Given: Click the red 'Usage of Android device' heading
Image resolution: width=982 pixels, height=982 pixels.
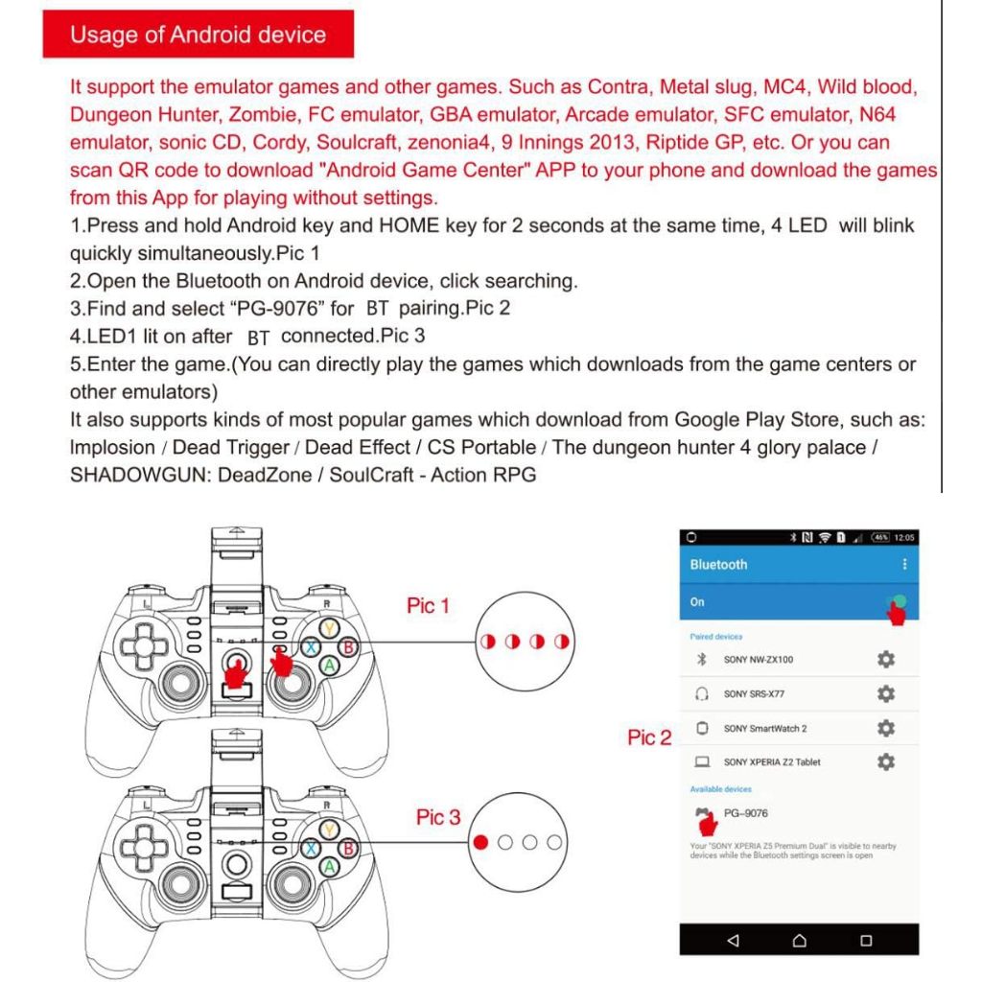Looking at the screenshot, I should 199,35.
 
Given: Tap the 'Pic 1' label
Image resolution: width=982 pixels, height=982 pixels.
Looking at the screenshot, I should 428,606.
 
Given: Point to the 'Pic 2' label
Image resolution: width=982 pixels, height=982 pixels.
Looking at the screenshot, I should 649,737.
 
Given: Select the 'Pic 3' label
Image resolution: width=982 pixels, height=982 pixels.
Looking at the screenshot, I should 437,817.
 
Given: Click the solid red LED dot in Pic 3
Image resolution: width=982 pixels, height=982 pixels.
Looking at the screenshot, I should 481,842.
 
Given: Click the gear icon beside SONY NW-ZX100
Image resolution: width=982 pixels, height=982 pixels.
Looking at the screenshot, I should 886,660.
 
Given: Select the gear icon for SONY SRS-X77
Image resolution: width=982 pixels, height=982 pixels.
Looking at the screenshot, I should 886,693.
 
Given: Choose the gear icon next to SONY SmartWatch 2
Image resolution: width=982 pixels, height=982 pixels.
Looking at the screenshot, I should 886,728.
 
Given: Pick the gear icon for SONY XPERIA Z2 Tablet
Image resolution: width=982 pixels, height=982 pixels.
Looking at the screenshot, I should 886,761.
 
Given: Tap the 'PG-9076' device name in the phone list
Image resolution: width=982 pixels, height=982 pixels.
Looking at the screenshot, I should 745,813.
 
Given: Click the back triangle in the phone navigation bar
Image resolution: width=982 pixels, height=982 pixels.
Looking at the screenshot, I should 734,940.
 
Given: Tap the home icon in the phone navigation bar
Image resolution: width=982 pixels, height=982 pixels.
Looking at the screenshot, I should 800,940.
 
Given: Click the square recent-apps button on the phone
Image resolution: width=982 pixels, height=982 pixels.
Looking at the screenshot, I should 866,940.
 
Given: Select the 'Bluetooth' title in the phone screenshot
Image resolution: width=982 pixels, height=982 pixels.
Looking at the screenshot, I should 718,565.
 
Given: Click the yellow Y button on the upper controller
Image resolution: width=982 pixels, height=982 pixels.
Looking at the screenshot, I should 329,629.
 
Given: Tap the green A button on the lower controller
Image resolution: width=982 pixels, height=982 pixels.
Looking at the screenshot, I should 329,866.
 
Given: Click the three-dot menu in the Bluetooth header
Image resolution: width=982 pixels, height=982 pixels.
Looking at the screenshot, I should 903,565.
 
